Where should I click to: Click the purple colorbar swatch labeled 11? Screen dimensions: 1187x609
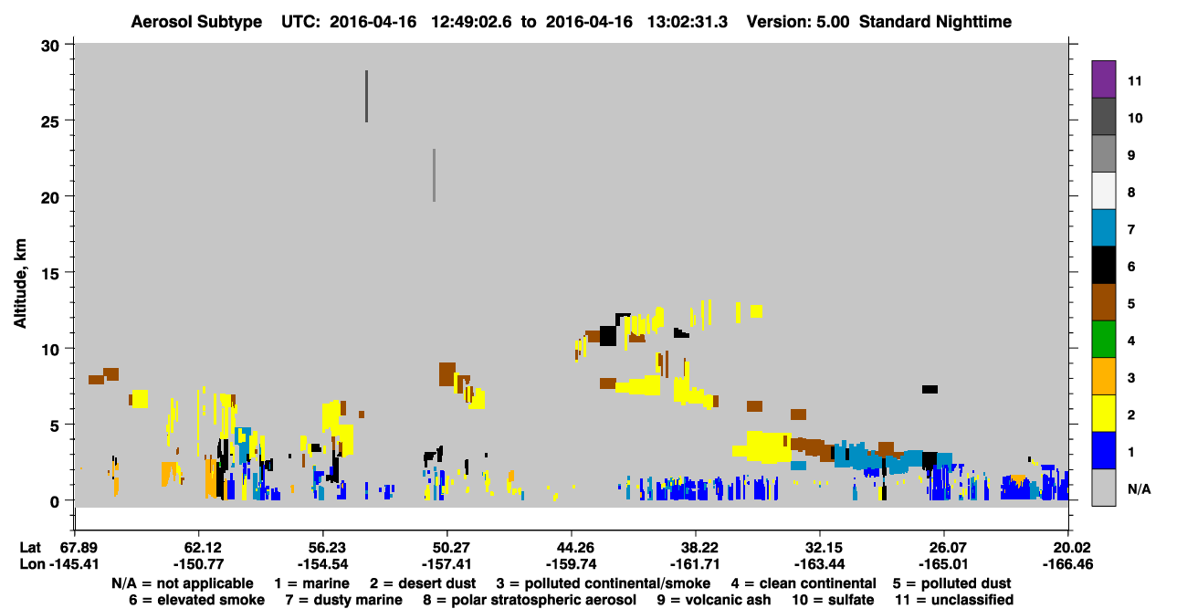(x=1103, y=79)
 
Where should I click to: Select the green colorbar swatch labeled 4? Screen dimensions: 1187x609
(x=1103, y=340)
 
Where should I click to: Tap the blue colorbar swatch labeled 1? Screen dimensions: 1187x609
(x=1103, y=450)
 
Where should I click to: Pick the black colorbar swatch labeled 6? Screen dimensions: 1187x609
(x=1103, y=265)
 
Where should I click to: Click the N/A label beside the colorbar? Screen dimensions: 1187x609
(x=1139, y=488)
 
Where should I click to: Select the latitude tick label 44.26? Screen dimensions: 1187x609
(x=572, y=547)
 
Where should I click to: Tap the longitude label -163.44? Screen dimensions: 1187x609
(x=820, y=564)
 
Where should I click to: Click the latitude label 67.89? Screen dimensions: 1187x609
(x=74, y=547)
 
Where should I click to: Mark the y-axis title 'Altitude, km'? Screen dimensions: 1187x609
(x=19, y=284)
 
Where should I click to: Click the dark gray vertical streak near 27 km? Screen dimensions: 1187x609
(x=366, y=97)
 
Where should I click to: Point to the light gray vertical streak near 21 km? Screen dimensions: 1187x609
(x=434, y=175)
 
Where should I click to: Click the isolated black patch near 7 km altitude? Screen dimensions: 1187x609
(x=930, y=390)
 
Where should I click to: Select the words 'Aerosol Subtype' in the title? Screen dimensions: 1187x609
(x=196, y=22)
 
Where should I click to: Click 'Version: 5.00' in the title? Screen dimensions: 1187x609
(x=798, y=22)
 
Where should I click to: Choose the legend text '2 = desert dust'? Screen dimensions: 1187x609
(x=423, y=583)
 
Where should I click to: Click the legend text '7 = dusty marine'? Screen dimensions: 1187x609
(x=343, y=600)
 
